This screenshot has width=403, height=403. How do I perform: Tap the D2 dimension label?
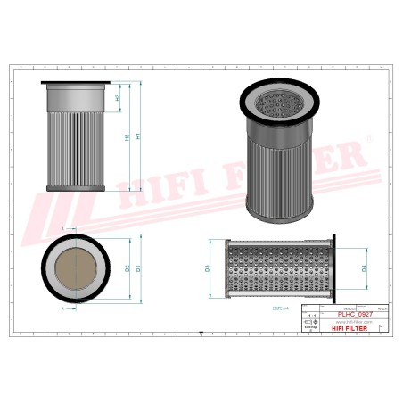127,268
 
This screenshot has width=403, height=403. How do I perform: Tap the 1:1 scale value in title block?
311,317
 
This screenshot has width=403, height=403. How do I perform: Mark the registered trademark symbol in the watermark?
367,140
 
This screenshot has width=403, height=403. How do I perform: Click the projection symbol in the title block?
311,329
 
